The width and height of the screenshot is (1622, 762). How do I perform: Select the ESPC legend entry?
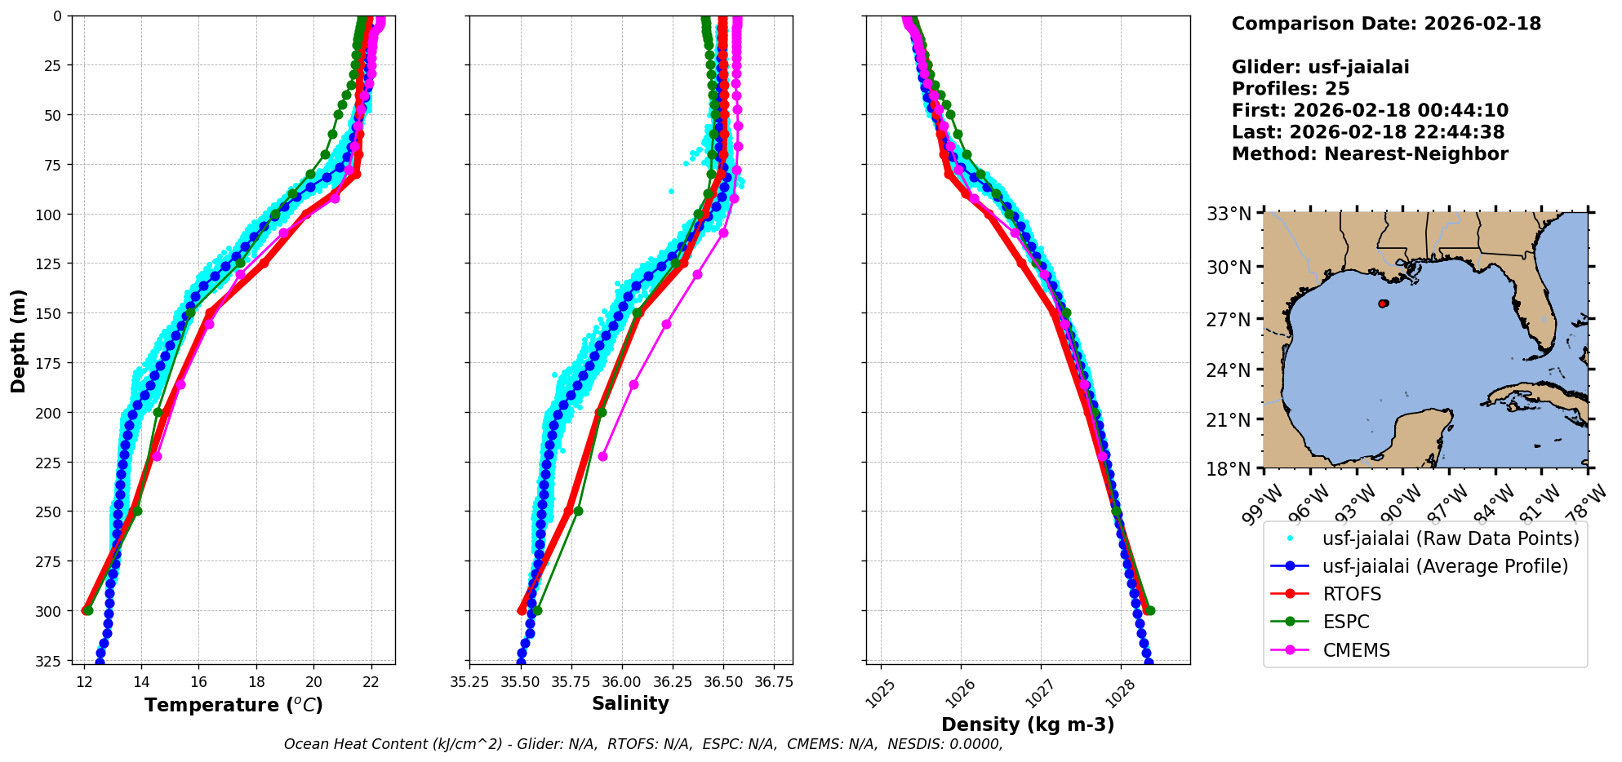coord(1346,622)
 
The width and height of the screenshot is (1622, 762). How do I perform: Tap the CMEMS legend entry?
coord(1356,650)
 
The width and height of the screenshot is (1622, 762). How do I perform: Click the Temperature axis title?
coord(233,705)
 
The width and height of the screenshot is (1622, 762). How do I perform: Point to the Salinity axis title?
coord(630,703)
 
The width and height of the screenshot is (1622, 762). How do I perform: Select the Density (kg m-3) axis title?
coord(1028,724)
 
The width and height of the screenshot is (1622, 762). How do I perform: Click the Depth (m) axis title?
coord(18,340)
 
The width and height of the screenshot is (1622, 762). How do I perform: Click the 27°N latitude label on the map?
coord(1228,319)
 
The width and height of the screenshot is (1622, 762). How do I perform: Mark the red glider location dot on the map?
coord(1383,303)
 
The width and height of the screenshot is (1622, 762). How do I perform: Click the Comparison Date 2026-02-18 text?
coord(1386,24)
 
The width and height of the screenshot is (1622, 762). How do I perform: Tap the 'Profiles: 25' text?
coord(1290,89)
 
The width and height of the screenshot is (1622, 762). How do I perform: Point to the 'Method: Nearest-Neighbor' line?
coord(1369,154)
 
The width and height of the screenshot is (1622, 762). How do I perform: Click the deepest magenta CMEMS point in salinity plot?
coord(602,457)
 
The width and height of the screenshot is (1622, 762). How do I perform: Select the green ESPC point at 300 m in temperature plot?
coord(88,610)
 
